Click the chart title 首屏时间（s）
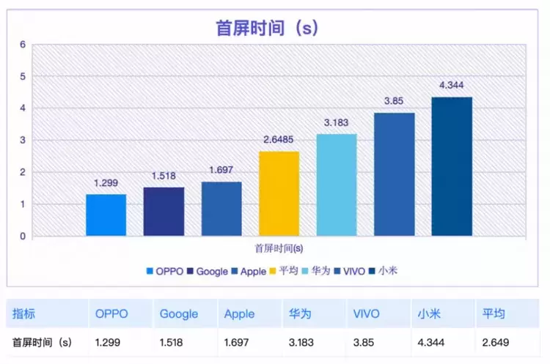pos(266,28)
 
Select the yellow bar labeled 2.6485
pos(279,193)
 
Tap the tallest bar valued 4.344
pos(452,166)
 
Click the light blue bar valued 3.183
pos(337,185)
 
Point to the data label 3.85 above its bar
pos(395,103)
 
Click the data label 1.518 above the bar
pos(164,177)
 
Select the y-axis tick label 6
pos(23,44)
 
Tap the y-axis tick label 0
pos(23,237)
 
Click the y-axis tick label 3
pos(23,140)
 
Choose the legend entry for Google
pos(208,272)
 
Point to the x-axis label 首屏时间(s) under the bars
pos(279,248)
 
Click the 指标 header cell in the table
pos(24,313)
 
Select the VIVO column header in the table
pos(365,313)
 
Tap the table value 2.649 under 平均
pos(496,341)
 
